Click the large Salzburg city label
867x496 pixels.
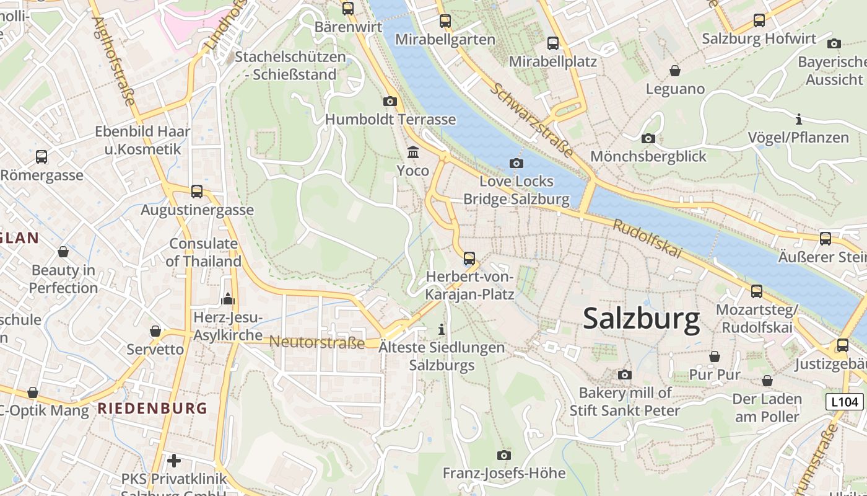tap(641, 319)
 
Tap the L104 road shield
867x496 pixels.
tap(845, 402)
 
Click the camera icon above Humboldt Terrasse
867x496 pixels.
tap(390, 101)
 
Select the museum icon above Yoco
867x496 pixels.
tap(412, 152)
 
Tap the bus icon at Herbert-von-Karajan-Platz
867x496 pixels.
tap(469, 259)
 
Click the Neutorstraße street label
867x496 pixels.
tap(316, 342)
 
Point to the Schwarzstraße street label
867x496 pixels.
tap(531, 118)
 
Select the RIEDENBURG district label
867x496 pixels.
tap(152, 408)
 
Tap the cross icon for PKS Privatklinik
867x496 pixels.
tap(174, 461)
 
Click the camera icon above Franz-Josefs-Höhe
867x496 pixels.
tap(504, 456)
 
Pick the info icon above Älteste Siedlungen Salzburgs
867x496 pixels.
tap(442, 329)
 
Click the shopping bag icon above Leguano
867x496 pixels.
tap(675, 71)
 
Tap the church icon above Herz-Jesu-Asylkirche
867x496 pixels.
tap(228, 299)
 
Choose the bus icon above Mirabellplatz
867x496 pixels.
tap(552, 43)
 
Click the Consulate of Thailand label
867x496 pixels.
tap(204, 252)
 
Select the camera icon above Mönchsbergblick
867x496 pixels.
tap(648, 138)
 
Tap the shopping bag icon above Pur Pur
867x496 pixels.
tap(715, 356)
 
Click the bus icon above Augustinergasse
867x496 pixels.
tap(197, 192)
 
